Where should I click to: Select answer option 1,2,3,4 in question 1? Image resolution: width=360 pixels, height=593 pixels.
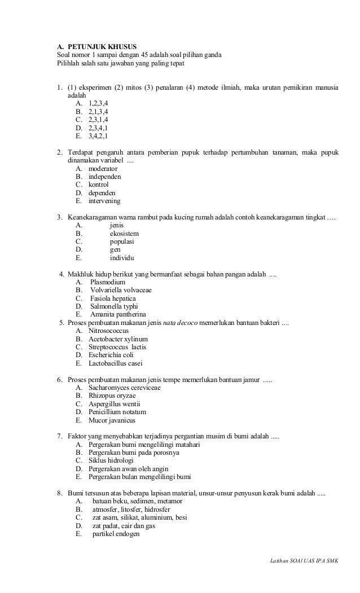pos(99,104)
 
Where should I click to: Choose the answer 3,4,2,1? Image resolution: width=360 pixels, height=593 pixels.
pos(99,136)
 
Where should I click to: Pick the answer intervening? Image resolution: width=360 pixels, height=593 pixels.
pos(104,201)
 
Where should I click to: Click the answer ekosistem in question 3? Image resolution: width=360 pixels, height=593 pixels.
pos(124,234)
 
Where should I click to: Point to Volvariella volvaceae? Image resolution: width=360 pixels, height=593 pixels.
pos(121,290)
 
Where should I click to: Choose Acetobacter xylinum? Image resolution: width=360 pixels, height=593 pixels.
pos(115,339)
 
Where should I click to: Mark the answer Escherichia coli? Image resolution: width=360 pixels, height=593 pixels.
pos(111,355)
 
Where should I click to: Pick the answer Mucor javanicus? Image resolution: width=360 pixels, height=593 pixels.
pos(112,420)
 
